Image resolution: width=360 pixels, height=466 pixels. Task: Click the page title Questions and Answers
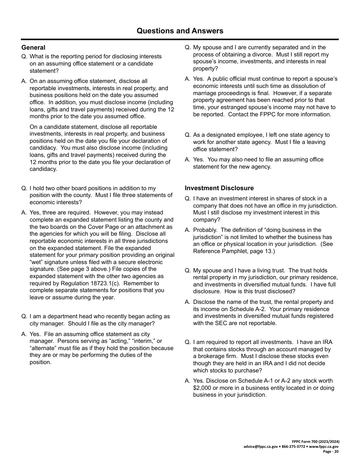coord(180,31)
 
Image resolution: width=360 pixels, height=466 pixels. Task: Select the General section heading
coord(33,48)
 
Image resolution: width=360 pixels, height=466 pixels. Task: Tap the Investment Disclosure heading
coord(219,188)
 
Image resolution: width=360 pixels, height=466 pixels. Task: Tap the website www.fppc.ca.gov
coord(324,447)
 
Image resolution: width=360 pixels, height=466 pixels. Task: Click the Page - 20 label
coord(331,452)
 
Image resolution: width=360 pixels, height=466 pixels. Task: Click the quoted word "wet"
coord(37,262)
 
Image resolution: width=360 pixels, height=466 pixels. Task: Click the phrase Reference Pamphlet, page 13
coord(233,251)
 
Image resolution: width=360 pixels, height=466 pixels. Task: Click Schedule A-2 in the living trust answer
coord(307,309)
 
